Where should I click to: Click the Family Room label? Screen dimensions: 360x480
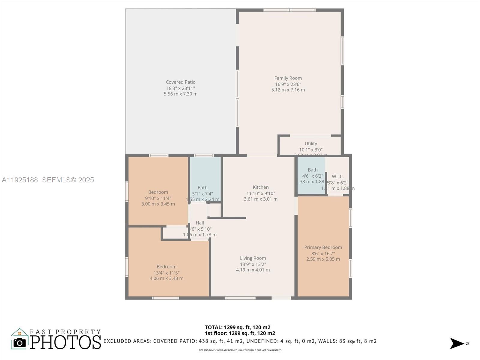click(288, 78)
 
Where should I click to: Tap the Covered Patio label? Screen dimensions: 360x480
click(181, 82)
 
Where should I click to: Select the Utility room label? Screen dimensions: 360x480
click(311, 144)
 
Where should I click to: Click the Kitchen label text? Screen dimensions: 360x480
click(261, 187)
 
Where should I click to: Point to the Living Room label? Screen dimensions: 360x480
click(253, 258)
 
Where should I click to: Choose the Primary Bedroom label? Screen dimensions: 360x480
click(323, 247)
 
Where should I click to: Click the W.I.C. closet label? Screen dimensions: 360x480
click(338, 177)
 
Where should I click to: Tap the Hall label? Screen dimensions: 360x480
click(200, 223)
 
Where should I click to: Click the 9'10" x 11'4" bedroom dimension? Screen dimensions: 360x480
click(158, 198)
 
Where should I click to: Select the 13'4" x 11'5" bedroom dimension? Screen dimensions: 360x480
click(166, 273)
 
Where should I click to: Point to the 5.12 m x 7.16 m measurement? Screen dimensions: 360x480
click(288, 90)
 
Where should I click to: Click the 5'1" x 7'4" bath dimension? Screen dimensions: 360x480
click(202, 194)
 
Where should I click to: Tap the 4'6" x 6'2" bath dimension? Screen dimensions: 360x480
click(313, 176)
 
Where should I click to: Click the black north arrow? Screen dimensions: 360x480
click(457, 343)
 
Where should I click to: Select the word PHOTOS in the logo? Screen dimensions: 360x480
click(66, 342)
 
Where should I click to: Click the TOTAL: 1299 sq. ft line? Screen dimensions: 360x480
click(238, 327)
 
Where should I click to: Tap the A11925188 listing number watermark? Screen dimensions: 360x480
click(20, 180)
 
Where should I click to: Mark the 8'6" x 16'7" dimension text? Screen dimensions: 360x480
click(323, 253)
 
